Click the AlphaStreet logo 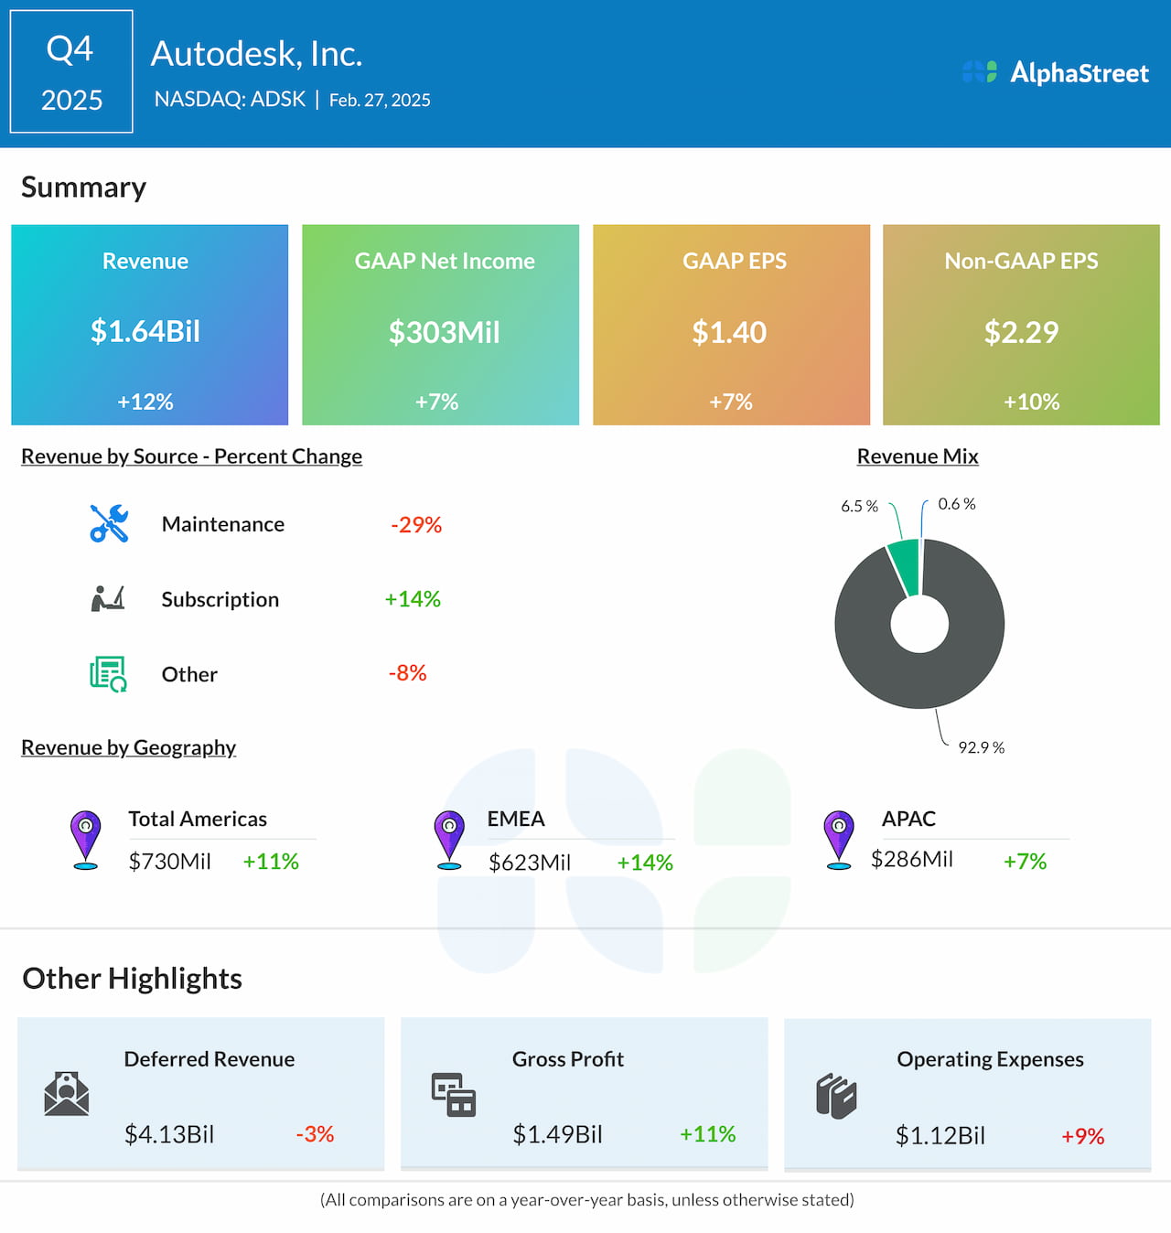(x=1055, y=72)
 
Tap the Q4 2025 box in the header (x=71, y=72)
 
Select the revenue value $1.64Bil (x=145, y=331)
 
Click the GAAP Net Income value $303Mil (x=444, y=332)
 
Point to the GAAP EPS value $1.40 (x=729, y=332)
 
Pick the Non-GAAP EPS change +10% (x=1031, y=402)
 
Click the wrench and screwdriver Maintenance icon (x=109, y=524)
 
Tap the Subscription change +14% (x=413, y=599)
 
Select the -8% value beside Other (x=407, y=673)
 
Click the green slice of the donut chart (x=905, y=566)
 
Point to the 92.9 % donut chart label (x=981, y=747)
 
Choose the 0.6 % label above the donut (x=956, y=504)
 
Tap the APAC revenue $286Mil (x=911, y=860)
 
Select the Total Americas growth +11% (x=271, y=862)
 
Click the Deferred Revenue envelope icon (x=67, y=1094)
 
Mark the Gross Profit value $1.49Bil (x=557, y=1135)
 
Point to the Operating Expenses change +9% (x=1082, y=1136)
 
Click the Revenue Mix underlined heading (x=917, y=456)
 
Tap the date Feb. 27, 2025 (x=380, y=101)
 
